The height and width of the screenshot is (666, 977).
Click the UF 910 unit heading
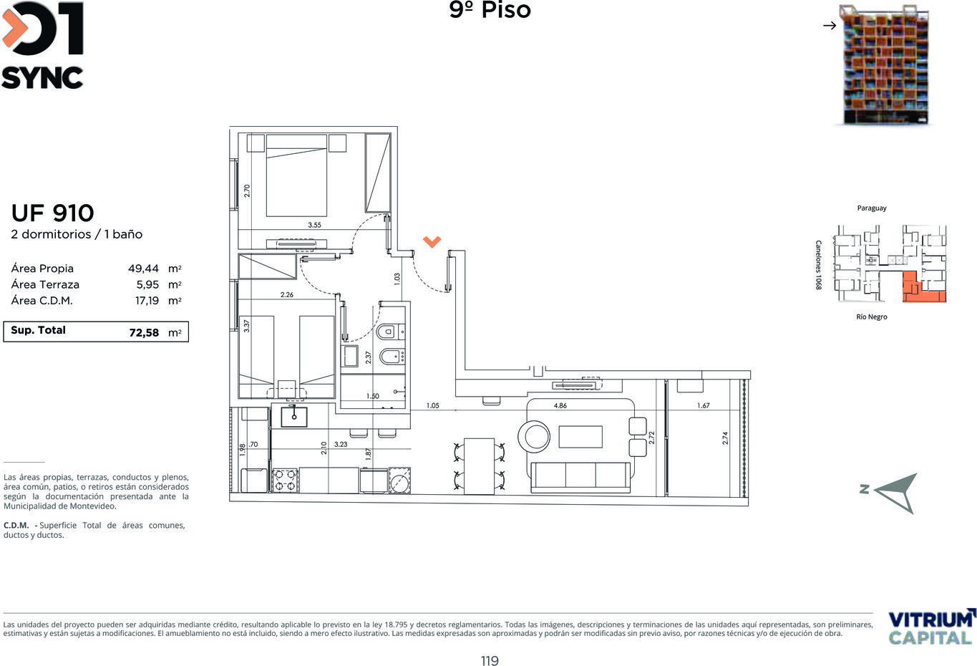click(x=52, y=213)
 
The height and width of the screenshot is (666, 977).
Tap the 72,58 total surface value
click(x=144, y=332)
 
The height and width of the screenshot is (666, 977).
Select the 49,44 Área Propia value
click(x=143, y=269)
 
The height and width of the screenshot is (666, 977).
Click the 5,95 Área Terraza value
click(x=147, y=284)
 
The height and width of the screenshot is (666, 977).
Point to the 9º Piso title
click(x=490, y=10)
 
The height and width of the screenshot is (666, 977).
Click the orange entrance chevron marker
click(x=432, y=241)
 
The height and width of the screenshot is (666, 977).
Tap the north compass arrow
click(x=897, y=493)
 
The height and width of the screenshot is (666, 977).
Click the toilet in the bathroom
click(x=389, y=332)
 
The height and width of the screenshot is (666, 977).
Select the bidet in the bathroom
click(x=392, y=357)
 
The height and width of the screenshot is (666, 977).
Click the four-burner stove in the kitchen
click(x=286, y=480)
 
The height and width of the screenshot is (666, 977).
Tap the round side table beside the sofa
click(x=534, y=436)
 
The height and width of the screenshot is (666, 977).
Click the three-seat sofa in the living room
click(x=580, y=478)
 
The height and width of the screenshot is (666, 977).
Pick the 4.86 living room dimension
click(x=560, y=405)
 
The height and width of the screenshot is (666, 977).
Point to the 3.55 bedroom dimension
click(x=314, y=225)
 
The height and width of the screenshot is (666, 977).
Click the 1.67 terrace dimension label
click(x=703, y=405)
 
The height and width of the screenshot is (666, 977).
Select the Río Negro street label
click(x=872, y=317)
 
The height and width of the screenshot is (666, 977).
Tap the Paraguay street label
click(x=872, y=208)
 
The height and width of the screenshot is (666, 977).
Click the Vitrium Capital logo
click(x=930, y=627)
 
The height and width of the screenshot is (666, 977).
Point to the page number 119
click(x=490, y=661)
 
